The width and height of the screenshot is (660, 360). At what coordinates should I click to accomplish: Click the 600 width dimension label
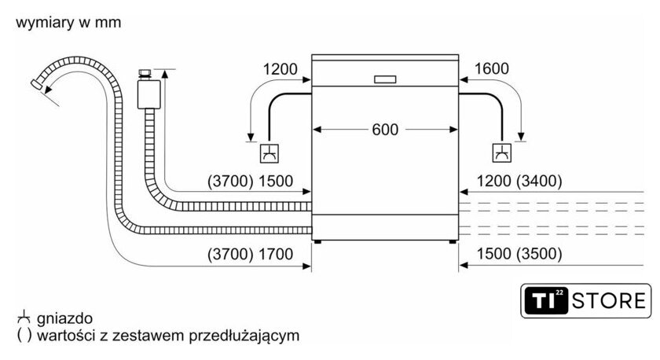click(x=385, y=130)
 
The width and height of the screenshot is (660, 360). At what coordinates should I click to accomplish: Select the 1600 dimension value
click(x=492, y=68)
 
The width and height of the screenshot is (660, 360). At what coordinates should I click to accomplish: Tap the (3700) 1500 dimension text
click(x=250, y=181)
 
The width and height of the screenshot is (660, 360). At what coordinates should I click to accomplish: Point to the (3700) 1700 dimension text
click(x=250, y=255)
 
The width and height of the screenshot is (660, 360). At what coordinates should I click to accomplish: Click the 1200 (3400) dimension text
click(x=519, y=181)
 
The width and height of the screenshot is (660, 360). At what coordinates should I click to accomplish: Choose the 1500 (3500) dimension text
click(x=519, y=254)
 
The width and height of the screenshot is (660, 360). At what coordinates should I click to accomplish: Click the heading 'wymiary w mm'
click(x=68, y=22)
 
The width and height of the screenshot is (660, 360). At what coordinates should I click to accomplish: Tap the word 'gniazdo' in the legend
click(x=64, y=319)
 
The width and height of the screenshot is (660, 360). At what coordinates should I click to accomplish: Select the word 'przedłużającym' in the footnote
click(x=244, y=336)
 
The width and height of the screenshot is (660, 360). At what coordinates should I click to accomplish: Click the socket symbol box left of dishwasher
click(x=269, y=153)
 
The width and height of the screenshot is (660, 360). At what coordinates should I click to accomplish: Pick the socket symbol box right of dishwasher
click(x=502, y=152)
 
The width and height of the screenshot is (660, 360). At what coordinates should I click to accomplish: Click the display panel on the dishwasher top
click(x=385, y=79)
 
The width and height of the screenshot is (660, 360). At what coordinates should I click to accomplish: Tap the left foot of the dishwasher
click(x=317, y=242)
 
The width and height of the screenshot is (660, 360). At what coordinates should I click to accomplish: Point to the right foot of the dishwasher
click(x=453, y=242)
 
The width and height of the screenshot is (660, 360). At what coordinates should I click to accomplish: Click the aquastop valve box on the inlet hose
click(x=148, y=94)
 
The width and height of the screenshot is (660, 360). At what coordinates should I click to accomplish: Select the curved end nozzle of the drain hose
click(x=37, y=84)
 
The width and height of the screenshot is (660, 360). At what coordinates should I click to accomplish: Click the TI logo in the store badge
click(x=545, y=300)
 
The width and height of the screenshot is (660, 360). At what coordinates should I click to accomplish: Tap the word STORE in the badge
click(x=609, y=300)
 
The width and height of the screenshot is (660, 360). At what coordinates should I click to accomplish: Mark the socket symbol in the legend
click(x=24, y=318)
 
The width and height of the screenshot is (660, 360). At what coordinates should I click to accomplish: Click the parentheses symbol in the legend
click(x=24, y=336)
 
